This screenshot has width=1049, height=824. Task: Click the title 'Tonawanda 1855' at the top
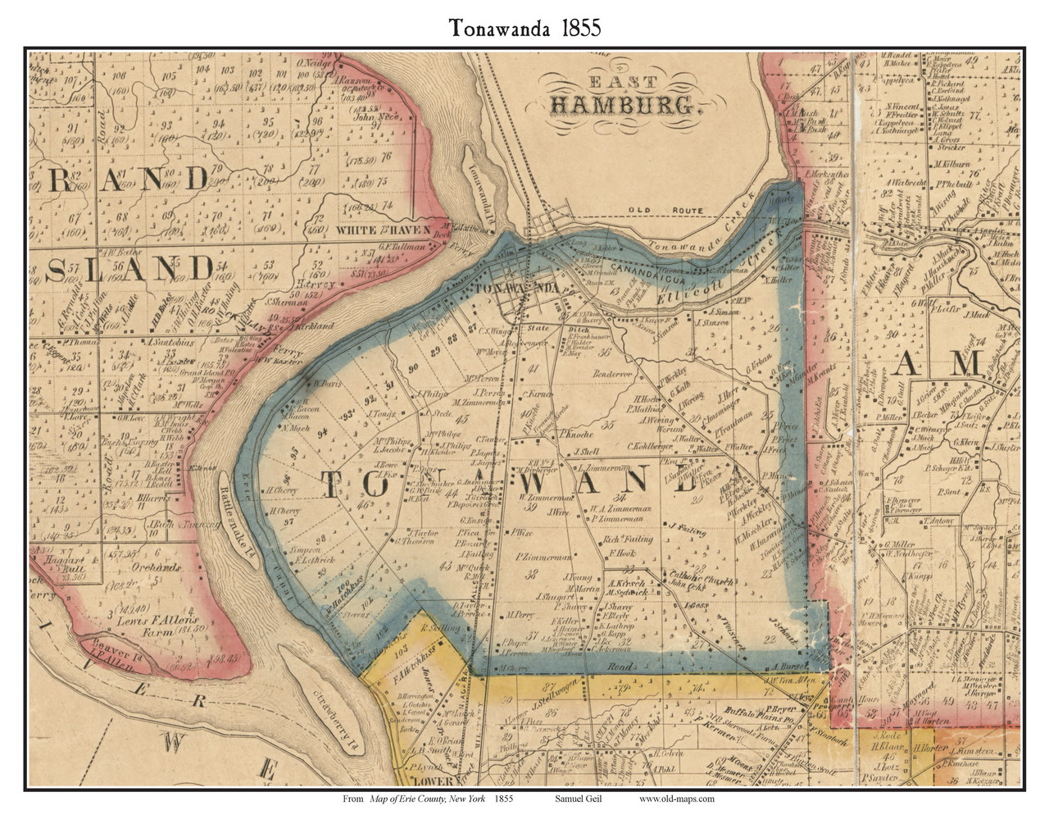click(x=524, y=26)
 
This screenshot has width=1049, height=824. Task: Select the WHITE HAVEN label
click(x=383, y=231)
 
